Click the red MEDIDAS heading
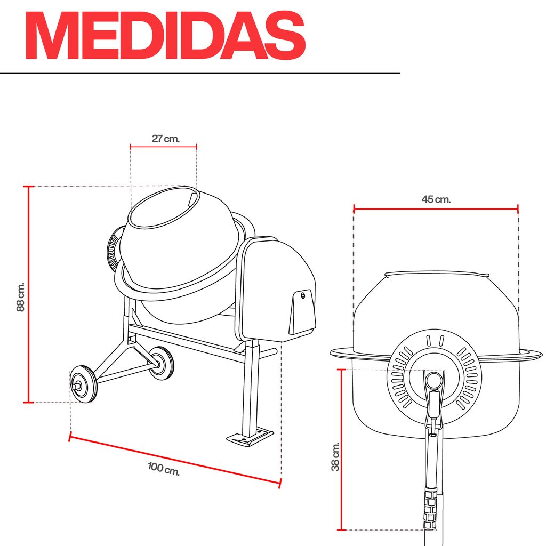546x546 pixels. (x=166, y=35)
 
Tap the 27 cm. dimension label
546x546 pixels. (x=166, y=139)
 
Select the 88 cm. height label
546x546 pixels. (x=21, y=297)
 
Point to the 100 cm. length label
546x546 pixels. (x=164, y=469)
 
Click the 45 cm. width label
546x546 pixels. (x=436, y=199)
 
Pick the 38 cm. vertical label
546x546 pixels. (x=335, y=456)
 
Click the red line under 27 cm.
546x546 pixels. (x=163, y=147)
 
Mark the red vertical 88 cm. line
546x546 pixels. (x=29, y=294)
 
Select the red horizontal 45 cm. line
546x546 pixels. (x=436, y=209)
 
